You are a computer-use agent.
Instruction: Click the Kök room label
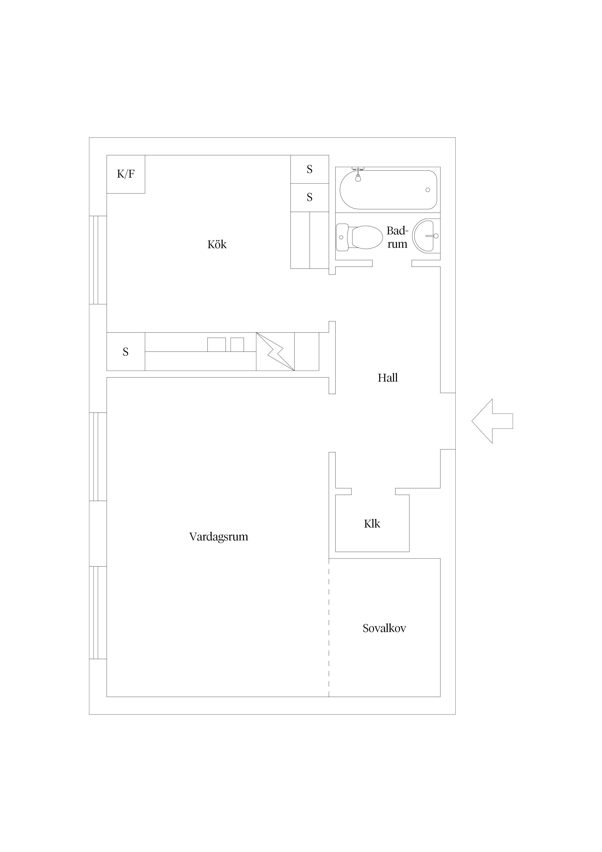point(217,245)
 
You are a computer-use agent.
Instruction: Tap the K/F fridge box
point(126,174)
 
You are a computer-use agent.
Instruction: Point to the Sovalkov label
point(384,628)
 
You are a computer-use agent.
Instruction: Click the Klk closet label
point(372,524)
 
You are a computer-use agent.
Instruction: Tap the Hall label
point(388,378)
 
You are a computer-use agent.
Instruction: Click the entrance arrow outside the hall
point(492,421)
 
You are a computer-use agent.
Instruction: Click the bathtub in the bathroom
point(388,190)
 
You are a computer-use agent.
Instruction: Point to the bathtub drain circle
point(428,190)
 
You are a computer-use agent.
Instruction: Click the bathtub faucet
point(358,174)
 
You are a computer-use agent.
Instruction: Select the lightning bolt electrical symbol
point(275,351)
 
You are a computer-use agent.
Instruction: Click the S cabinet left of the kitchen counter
point(126,351)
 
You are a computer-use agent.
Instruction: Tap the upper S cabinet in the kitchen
point(309,169)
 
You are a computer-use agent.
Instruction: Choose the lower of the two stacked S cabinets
point(309,197)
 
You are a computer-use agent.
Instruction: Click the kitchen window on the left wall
point(98,260)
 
